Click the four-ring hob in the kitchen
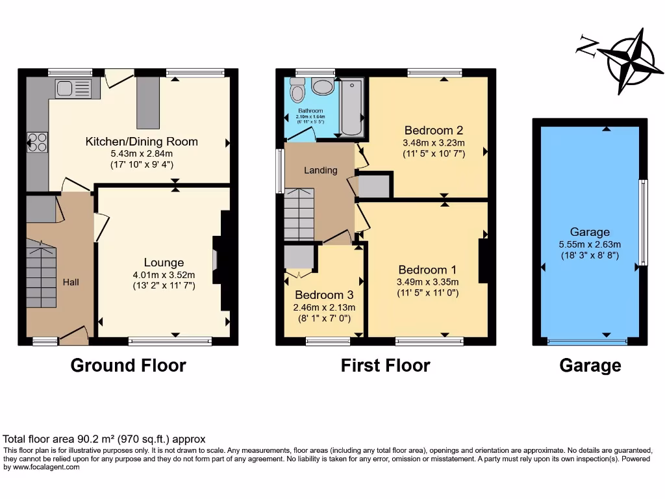[x=37, y=142]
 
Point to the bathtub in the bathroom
[x=351, y=107]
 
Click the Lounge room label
[x=164, y=262]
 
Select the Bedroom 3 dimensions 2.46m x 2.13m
[x=324, y=307]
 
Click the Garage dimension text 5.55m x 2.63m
[x=590, y=244]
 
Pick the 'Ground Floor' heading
[x=128, y=365]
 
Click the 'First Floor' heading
[x=385, y=365]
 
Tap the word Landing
[x=321, y=170]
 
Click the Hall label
[x=71, y=282]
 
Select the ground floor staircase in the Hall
[x=41, y=273]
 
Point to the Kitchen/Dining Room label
[x=142, y=141]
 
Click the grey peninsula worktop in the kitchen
[x=147, y=102]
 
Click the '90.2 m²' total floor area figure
[x=95, y=439]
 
